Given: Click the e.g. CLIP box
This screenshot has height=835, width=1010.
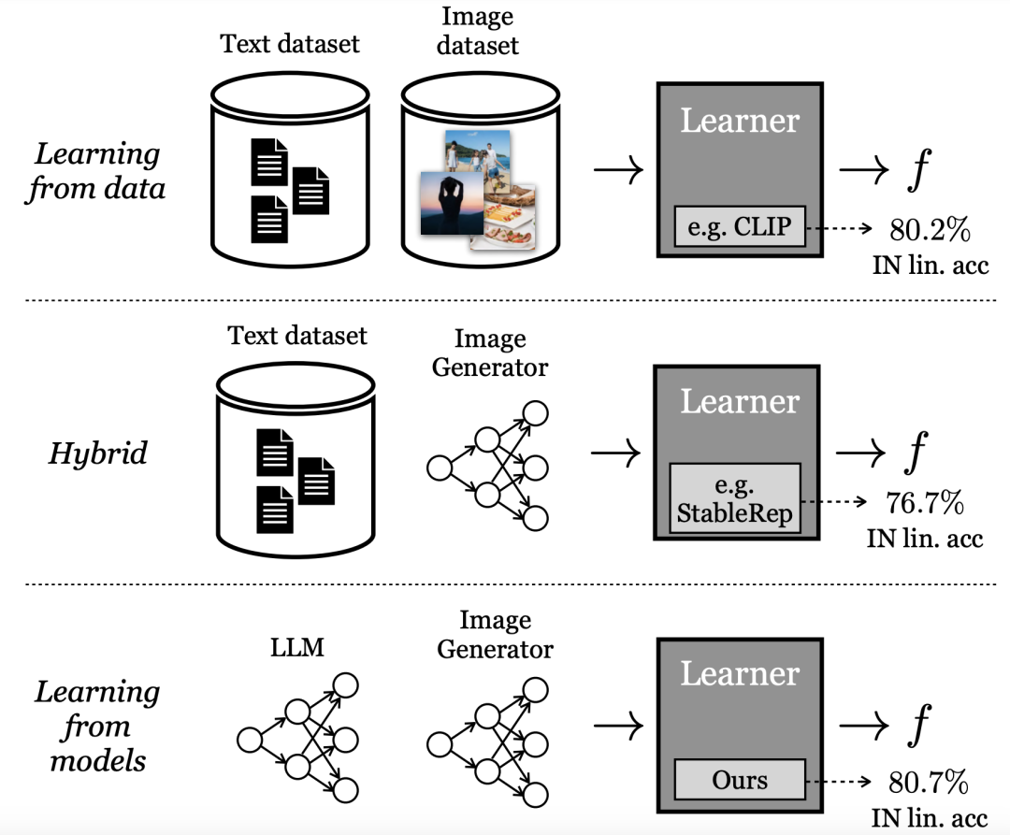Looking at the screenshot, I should coord(740,227).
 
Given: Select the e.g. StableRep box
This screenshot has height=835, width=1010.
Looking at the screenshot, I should coord(735,499).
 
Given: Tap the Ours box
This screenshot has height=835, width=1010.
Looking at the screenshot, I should coord(740,779).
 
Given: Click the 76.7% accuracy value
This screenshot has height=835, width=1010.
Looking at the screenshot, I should coord(923,504).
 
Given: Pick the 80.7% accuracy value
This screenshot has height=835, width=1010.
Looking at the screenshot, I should coord(921,780).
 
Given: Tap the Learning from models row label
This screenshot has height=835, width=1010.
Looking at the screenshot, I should coord(97,726).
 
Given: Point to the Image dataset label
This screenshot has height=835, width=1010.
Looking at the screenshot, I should coord(476,30).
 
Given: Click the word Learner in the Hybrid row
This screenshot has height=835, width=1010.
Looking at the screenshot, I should coord(739,401).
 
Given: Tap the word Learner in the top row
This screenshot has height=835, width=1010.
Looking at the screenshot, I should coord(740,121).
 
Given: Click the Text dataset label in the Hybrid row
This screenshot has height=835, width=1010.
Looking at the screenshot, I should coord(297,335).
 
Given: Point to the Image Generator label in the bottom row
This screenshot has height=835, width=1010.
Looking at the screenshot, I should coord(495,634).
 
